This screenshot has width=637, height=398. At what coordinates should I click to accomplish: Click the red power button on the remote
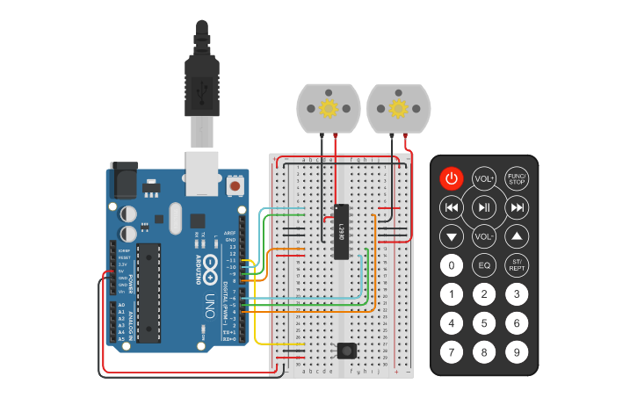point(451,179)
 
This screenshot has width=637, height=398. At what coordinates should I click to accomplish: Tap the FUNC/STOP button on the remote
point(517,179)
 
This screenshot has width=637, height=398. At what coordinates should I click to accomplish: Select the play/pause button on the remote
point(484,208)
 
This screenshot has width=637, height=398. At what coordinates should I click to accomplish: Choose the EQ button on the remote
point(484,264)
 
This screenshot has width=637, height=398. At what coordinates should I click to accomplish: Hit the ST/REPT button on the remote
point(517,264)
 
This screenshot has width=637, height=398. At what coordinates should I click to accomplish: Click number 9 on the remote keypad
point(517,353)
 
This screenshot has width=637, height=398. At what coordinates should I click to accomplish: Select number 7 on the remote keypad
point(451,353)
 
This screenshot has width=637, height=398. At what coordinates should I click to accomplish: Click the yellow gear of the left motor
point(329,109)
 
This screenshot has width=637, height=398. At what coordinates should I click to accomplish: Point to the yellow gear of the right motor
point(398,109)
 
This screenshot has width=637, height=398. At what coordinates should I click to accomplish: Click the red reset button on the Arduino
point(235,186)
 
